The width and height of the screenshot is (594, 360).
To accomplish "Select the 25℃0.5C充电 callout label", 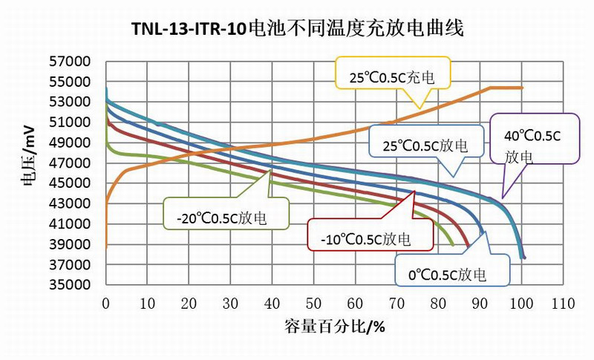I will (x=392, y=74).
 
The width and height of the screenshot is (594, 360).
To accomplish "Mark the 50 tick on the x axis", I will (x=314, y=303).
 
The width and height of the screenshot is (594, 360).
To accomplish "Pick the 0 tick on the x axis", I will (x=106, y=303).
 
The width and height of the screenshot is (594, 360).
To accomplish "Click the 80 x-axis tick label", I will (x=439, y=303).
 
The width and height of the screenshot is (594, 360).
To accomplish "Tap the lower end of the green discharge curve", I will (x=452, y=244).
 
